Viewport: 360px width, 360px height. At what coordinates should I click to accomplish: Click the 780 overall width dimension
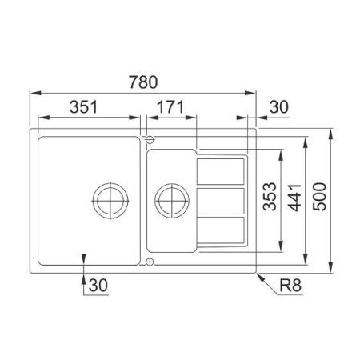143,82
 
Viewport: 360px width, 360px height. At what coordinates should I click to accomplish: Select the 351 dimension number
84,107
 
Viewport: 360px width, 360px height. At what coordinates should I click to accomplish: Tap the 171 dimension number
170,107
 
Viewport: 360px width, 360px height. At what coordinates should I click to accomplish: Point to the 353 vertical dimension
270,197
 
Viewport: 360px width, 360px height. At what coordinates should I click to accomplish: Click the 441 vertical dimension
295,198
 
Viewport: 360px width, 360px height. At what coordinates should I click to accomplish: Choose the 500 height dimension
319,197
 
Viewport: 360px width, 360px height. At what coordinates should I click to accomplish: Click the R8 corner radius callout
290,285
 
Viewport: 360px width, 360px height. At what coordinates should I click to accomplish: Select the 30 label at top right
279,107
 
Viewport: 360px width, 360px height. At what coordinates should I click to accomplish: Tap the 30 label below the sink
98,285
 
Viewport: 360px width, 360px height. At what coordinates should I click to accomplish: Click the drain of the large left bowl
110,201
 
